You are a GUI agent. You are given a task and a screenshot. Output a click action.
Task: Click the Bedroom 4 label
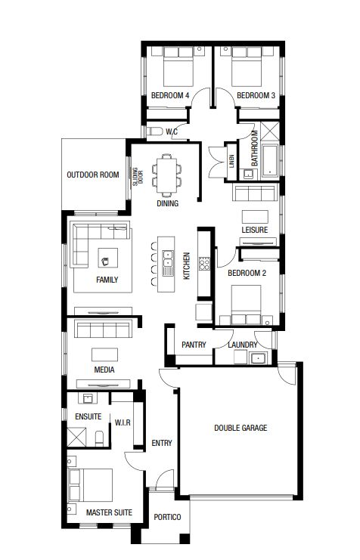tap(170, 95)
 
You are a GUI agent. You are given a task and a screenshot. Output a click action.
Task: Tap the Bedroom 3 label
tap(256, 95)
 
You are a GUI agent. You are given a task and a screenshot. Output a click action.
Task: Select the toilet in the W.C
tap(154, 131)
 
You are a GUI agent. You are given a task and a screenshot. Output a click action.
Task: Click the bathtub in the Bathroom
tap(270, 161)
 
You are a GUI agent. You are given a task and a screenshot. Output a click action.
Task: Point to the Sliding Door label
tap(138, 177)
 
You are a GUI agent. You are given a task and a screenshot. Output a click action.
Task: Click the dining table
tap(166, 175)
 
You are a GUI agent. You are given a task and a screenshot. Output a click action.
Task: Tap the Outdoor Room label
tap(93, 175)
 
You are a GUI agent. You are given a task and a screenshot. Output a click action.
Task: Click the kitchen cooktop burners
tap(204, 263)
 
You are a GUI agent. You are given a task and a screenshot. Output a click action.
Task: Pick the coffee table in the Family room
tap(107, 258)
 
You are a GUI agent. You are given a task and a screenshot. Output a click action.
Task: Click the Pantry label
tap(194, 345)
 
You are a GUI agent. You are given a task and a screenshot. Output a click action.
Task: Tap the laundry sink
tap(258, 358)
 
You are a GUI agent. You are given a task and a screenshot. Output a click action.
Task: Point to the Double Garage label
tap(241, 428)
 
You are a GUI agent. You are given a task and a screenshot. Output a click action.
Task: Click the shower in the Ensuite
tap(77, 437)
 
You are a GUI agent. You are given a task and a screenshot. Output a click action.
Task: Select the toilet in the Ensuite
tap(99, 438)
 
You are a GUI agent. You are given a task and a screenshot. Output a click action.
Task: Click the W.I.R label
tap(123, 423)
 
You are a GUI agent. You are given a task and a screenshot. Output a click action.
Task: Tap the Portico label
tap(167, 517)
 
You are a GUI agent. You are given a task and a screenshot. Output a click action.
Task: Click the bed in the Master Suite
tap(91, 485)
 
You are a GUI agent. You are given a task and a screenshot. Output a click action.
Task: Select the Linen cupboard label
tap(231, 162)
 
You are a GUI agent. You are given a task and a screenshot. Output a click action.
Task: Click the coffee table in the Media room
tap(104, 354)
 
